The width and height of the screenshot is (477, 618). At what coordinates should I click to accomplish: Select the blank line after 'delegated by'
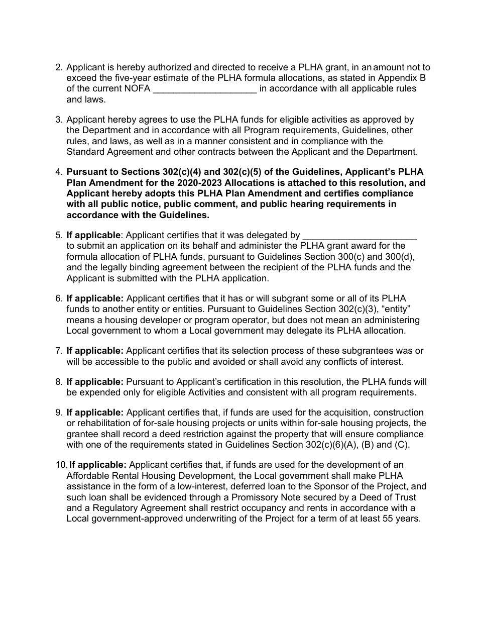[x=361, y=236]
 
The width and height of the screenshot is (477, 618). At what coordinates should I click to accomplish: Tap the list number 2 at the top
[x=58, y=67]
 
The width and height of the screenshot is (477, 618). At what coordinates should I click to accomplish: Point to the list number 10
[x=60, y=465]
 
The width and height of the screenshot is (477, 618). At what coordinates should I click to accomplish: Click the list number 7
[x=58, y=351]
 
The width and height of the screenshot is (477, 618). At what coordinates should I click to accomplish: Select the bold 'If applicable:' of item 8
[x=95, y=382]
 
